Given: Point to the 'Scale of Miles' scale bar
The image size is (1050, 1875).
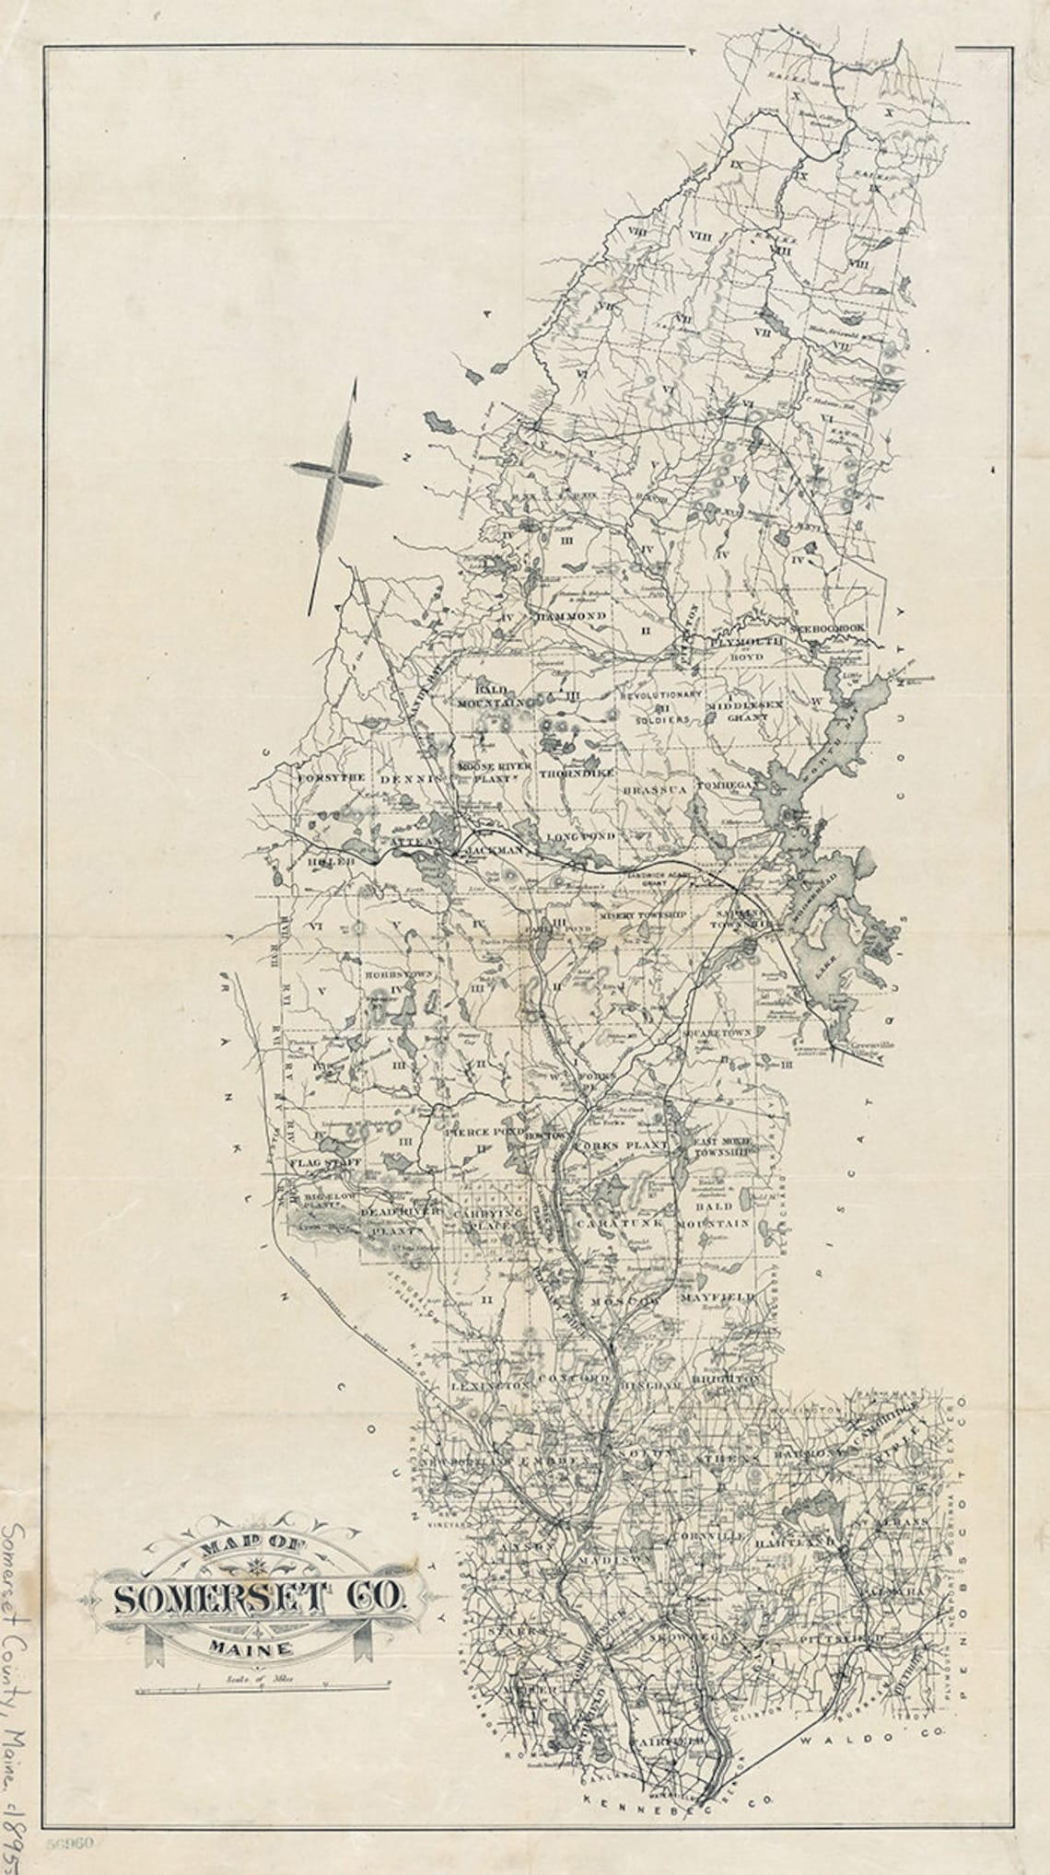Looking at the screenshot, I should [x=262, y=1688].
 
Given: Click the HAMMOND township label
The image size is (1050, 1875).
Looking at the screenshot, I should [x=571, y=614].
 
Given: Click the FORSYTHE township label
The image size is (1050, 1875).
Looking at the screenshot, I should [x=326, y=777].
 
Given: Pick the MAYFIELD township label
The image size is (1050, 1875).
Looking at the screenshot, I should [x=717, y=1297].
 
